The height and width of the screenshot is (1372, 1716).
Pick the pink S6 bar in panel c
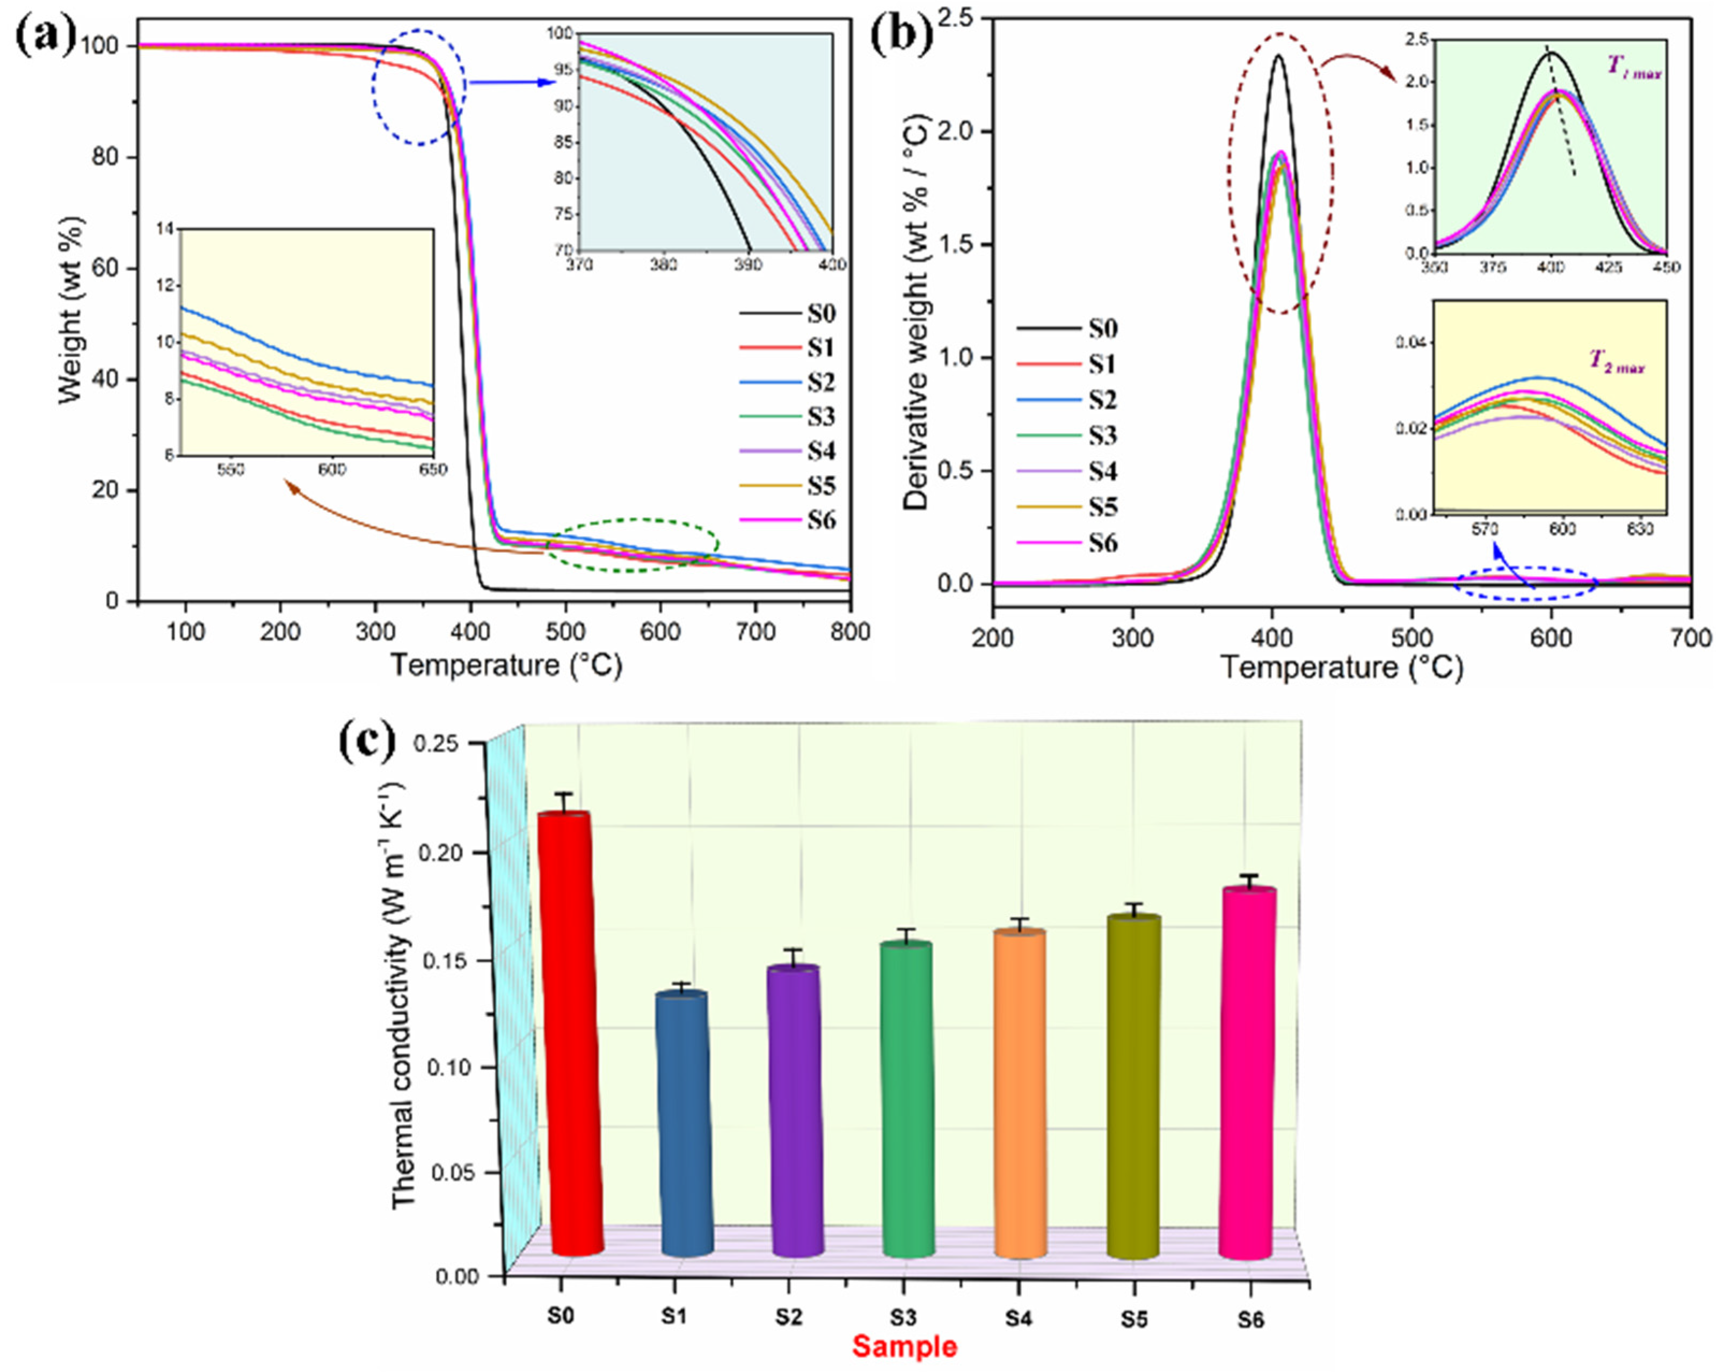click(1247, 1075)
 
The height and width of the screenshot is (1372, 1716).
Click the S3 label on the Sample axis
click(903, 1318)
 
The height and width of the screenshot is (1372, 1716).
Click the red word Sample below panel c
click(904, 1347)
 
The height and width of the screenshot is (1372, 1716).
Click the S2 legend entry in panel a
click(820, 383)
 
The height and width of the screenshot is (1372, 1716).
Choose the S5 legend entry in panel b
click(1102, 507)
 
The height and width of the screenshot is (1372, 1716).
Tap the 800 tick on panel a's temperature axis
click(850, 632)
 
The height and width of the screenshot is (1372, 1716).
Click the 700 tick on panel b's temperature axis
click(1691, 639)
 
